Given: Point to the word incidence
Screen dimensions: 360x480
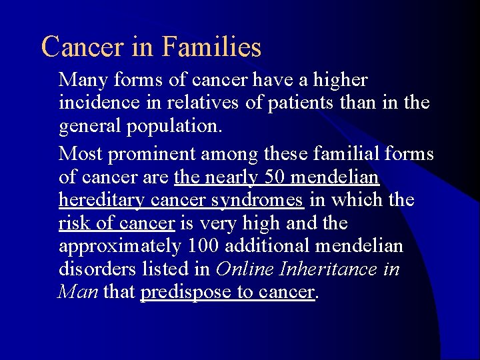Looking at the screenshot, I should [98, 103].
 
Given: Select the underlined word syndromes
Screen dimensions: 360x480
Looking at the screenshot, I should [263, 200].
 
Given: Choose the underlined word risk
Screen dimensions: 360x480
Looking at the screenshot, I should [73, 223].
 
